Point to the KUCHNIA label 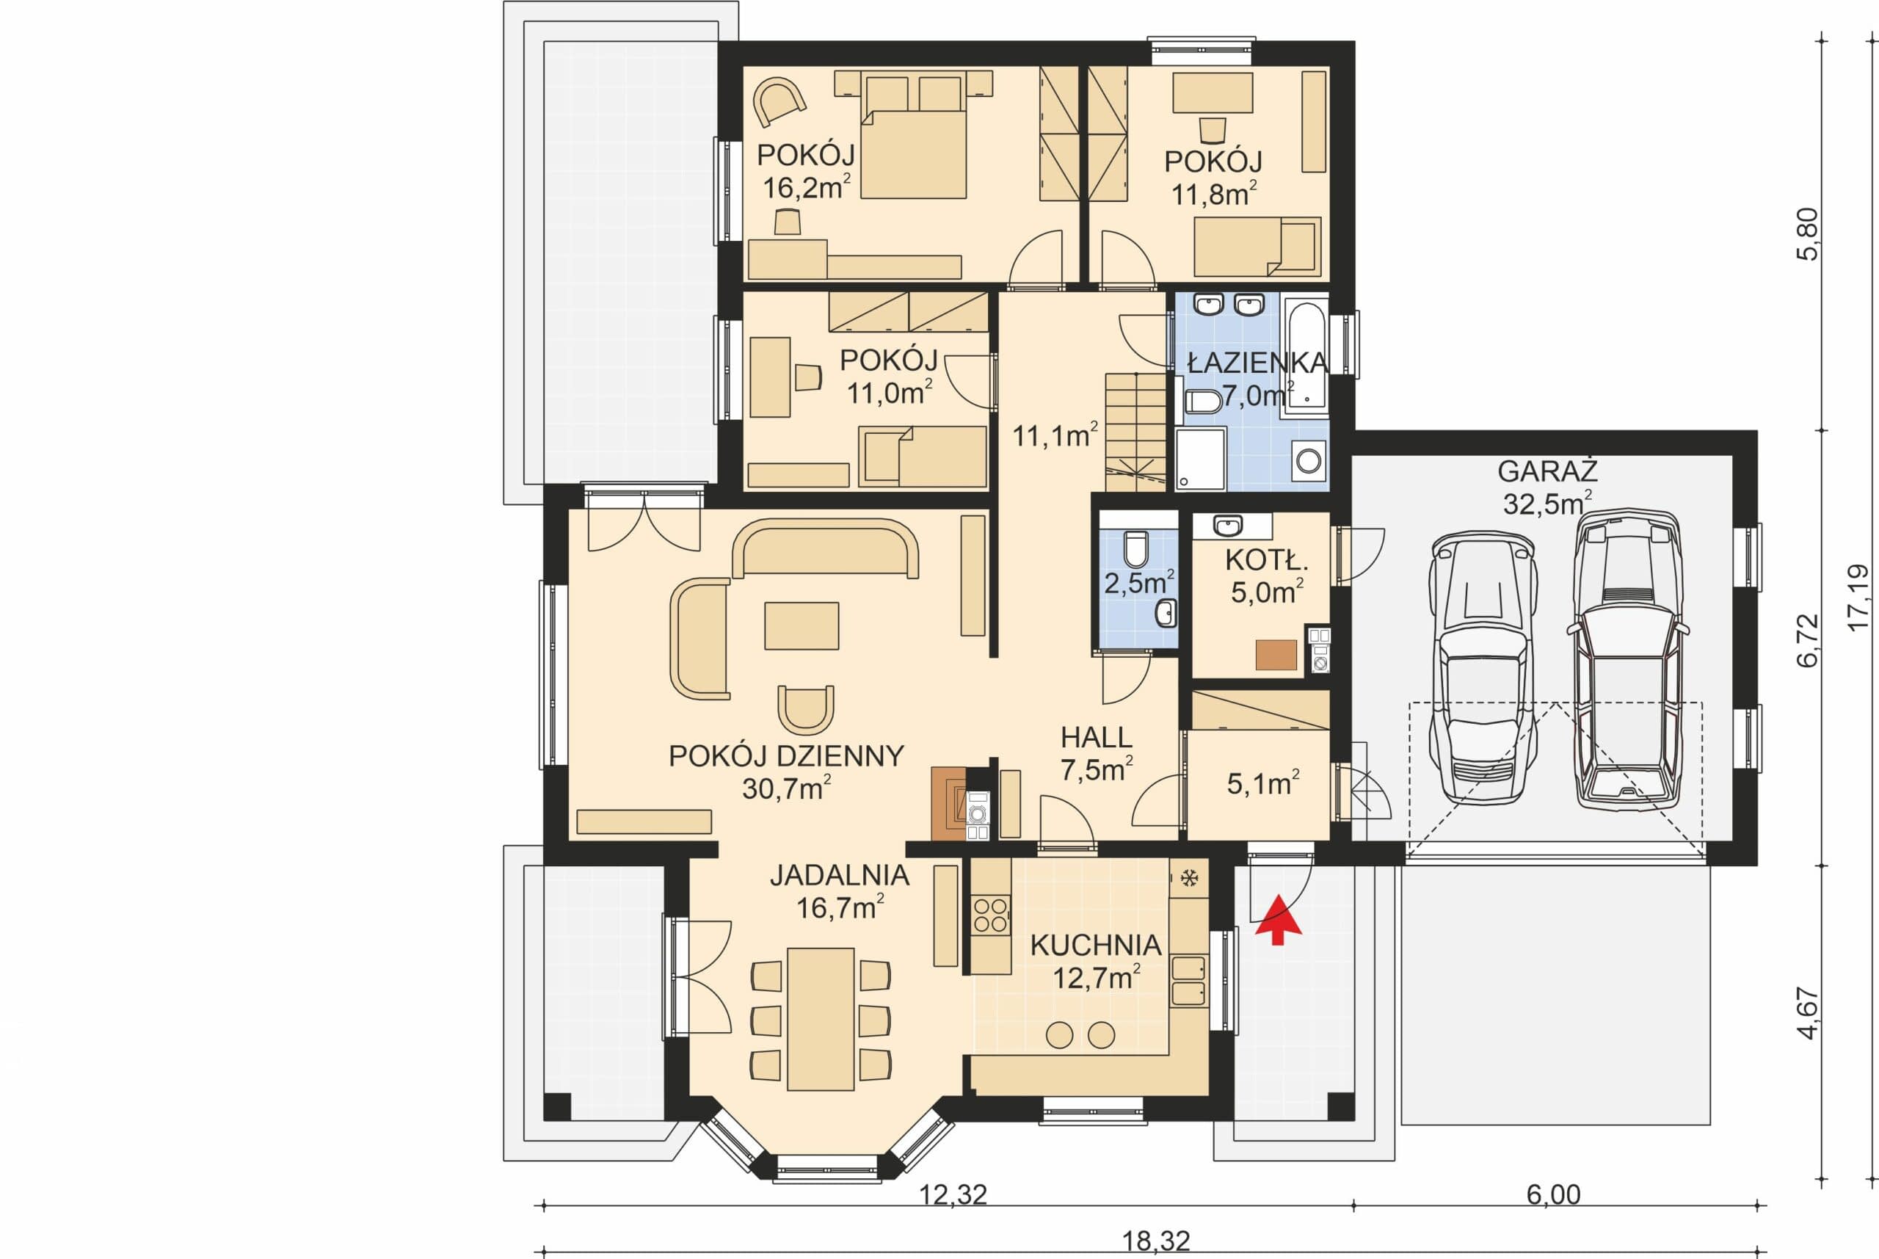point(1096,945)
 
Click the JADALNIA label point(839,874)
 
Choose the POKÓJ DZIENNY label point(786,755)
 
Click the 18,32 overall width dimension point(1155,1241)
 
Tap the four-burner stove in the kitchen point(990,915)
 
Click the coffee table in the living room point(801,625)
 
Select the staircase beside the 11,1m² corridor point(1135,432)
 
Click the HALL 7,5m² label point(1097,753)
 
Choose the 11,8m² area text point(1213,195)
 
